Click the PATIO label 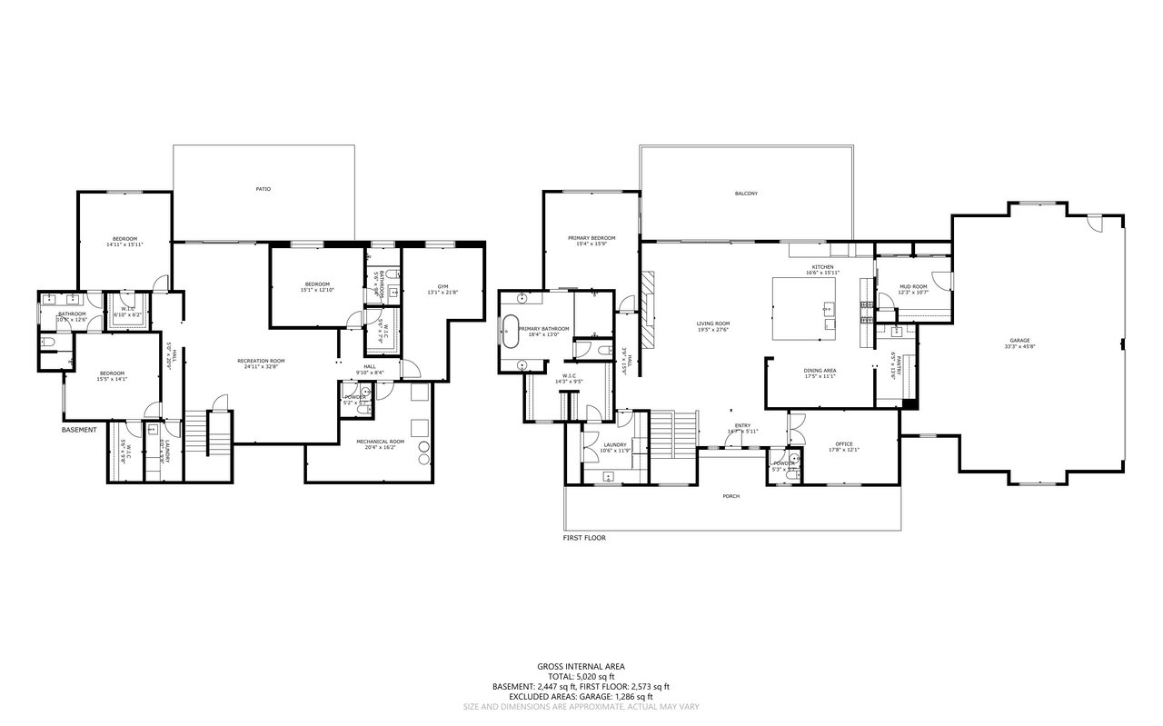[x=263, y=189]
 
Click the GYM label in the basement [x=442, y=286]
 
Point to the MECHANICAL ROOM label [x=380, y=442]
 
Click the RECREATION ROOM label [x=261, y=361]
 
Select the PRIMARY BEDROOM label [x=591, y=238]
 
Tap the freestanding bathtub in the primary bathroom [x=510, y=330]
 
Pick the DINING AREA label [x=820, y=370]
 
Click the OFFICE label [x=843, y=443]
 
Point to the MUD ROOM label [x=913, y=286]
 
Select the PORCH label [x=731, y=496]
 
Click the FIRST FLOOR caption [x=583, y=538]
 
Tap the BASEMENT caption [x=78, y=429]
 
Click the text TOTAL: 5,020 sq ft [x=581, y=677]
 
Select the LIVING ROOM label [x=713, y=323]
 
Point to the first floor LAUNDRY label [x=615, y=444]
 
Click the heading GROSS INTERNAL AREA [x=581, y=667]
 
